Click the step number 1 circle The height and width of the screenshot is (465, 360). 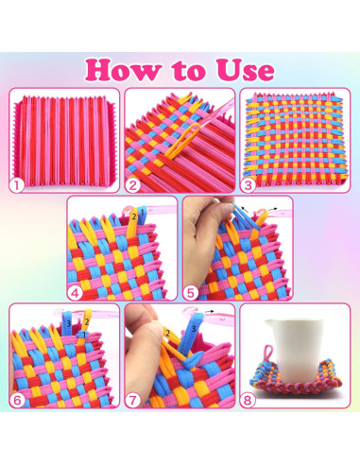20,186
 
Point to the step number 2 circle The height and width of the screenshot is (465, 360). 135,186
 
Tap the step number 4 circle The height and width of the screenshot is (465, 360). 77,290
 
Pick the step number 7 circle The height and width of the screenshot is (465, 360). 135,399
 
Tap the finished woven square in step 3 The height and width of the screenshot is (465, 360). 295,139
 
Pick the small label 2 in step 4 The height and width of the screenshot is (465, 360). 134,216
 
